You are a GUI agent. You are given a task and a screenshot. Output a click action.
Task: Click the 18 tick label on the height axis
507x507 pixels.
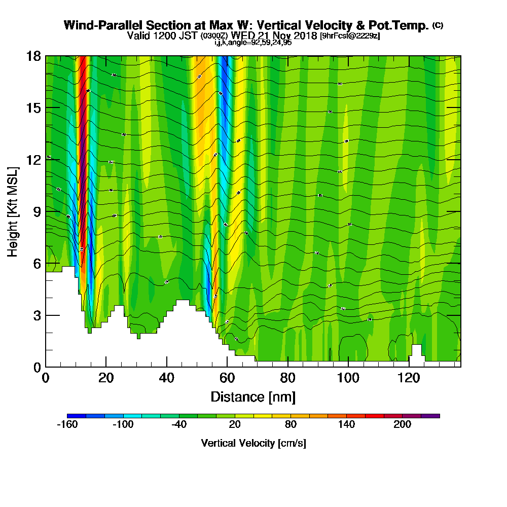coord(34,56)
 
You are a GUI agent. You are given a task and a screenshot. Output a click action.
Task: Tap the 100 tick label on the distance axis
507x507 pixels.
coord(348,378)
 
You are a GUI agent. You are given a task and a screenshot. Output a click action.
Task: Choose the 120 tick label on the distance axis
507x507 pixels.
coord(409,378)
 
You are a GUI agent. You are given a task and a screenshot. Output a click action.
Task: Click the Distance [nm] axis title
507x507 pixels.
coord(253,396)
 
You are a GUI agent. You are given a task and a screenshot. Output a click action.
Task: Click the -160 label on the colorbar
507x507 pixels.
coord(67,425)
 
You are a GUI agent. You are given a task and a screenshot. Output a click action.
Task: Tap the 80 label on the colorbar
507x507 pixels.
coord(291,425)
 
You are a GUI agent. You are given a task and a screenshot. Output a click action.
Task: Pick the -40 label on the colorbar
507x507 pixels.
coord(179,425)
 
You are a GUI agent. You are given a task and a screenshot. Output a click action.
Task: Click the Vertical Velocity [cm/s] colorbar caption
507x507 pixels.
coord(253,443)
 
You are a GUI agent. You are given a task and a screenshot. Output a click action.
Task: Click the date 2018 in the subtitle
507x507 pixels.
coord(306,36)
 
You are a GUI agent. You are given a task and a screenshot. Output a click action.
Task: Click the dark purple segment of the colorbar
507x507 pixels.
coord(430,416)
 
